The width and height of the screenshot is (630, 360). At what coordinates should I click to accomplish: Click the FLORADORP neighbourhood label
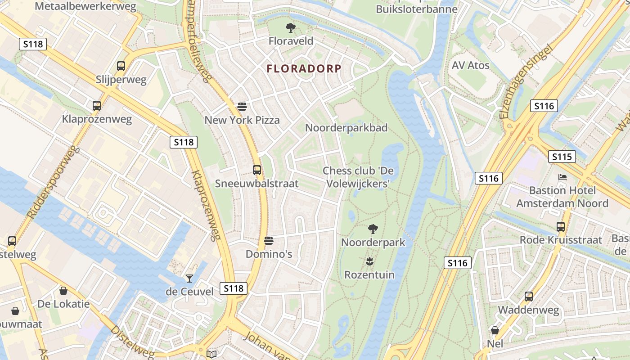click(304, 69)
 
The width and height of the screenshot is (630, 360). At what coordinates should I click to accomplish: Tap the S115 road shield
click(562, 157)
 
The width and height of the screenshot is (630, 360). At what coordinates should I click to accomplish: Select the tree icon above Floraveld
click(291, 28)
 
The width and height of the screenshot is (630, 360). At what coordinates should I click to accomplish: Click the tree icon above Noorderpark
click(373, 229)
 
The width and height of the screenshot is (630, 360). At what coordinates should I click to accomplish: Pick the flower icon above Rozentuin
click(369, 261)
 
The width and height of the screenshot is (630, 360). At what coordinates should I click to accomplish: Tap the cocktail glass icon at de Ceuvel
click(189, 279)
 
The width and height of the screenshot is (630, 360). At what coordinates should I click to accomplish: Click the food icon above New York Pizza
click(242, 107)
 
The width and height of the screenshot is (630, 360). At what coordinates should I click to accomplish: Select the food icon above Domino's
click(269, 241)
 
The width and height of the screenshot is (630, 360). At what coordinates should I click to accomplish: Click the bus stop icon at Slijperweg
click(121, 66)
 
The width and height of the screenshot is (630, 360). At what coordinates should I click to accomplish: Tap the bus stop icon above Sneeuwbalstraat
click(257, 170)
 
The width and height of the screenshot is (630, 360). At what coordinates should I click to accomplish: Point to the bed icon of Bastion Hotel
click(562, 177)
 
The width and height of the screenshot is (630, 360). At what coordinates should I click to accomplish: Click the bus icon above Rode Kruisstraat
click(561, 227)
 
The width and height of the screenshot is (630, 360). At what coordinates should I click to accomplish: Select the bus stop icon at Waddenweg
click(529, 297)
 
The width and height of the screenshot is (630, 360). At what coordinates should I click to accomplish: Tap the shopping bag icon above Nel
click(495, 331)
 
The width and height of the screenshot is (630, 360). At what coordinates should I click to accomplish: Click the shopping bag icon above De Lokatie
click(63, 291)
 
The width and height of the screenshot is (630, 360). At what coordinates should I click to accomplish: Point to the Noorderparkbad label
click(346, 128)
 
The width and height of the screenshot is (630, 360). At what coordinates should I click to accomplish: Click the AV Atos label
click(470, 65)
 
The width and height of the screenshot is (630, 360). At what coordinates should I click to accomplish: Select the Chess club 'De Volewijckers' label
click(355, 177)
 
